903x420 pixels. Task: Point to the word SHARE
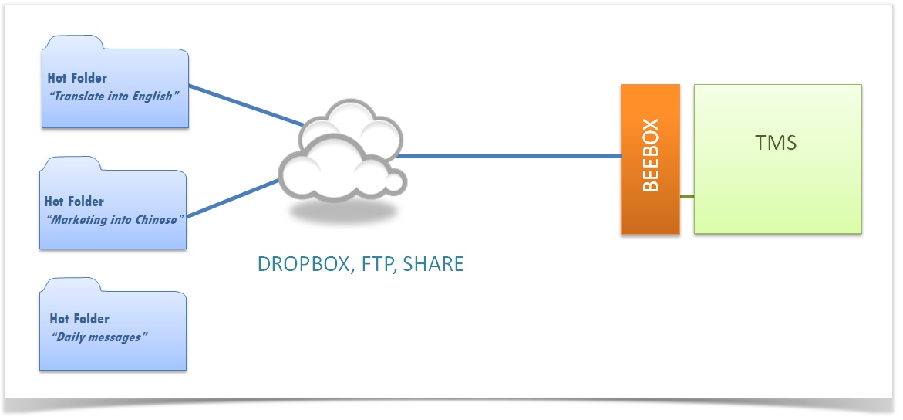coord(433,265)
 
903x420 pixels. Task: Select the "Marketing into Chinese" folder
coord(113,232)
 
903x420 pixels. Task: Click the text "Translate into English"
coord(113,97)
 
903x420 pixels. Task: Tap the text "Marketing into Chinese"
coord(113,219)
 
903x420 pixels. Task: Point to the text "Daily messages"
coord(98,337)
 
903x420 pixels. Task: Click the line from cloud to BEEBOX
coord(509,157)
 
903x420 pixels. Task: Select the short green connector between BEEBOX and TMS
coord(686,196)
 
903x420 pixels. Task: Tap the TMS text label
coord(776,143)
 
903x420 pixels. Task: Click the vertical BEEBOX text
coord(650,155)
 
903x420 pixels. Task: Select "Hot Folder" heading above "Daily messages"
coord(79,318)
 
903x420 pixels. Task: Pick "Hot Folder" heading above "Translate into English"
coord(77,78)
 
